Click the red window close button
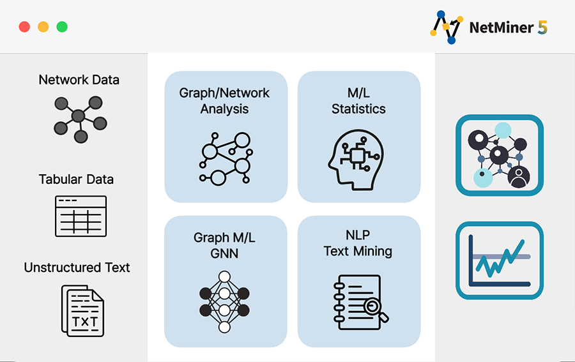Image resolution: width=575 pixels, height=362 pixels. coord(24,27)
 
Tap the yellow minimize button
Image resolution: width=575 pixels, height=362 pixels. coord(43,27)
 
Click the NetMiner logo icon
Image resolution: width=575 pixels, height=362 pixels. coord(447,27)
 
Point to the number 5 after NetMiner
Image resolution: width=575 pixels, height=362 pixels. coord(542,27)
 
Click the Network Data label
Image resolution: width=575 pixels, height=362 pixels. coord(79,80)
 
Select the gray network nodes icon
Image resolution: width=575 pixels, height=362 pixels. coord(80,119)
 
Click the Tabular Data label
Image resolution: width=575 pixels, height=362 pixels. coord(76,179)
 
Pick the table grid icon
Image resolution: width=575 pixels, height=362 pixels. coord(80,216)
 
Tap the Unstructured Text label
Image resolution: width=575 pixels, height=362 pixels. coord(77,268)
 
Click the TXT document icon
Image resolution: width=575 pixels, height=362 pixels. coord(82,311)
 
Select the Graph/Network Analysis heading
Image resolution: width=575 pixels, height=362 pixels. coord(224,101)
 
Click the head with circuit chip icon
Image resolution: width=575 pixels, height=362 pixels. coord(356,160)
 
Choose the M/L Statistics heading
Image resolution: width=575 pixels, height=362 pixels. coord(358,101)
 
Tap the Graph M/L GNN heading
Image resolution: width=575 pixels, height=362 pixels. coord(224,246)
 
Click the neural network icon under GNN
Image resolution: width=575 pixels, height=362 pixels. coord(224,302)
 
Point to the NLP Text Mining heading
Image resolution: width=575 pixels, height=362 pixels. coord(358,243)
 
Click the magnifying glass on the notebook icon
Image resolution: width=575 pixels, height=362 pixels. coord(375,308)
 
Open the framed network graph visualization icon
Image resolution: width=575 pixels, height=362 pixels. coord(500,155)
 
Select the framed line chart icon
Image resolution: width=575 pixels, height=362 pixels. coord(500,260)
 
